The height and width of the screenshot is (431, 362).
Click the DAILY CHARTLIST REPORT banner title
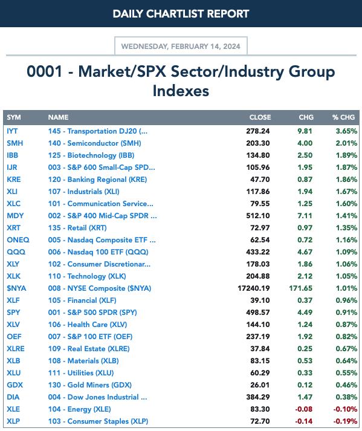(x=181, y=14)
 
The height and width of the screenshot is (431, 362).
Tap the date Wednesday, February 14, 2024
(x=181, y=46)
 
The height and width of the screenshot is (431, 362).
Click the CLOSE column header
(x=260, y=117)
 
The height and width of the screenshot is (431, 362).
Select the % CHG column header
(x=343, y=117)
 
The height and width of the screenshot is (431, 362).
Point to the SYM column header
(x=14, y=117)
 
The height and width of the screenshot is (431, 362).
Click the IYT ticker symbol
(x=12, y=131)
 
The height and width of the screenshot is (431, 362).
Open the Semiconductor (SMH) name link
(x=94, y=143)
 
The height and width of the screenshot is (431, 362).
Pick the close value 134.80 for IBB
(x=258, y=155)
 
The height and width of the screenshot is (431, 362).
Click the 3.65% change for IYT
(x=346, y=131)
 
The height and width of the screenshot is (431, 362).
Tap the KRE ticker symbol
(x=14, y=180)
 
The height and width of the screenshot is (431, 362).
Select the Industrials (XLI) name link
(x=84, y=192)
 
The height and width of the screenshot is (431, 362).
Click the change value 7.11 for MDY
(x=305, y=216)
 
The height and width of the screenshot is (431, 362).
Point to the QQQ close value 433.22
(x=258, y=252)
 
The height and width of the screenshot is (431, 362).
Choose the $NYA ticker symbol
(x=16, y=288)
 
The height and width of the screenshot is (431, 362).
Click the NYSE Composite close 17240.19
(x=254, y=288)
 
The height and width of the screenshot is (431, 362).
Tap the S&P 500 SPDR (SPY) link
(x=92, y=313)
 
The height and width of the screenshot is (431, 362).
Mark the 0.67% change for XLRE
(x=346, y=349)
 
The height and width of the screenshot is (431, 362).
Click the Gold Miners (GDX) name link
(x=90, y=385)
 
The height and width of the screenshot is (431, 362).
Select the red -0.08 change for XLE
(x=304, y=409)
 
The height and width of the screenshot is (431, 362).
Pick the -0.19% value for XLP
(x=345, y=421)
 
